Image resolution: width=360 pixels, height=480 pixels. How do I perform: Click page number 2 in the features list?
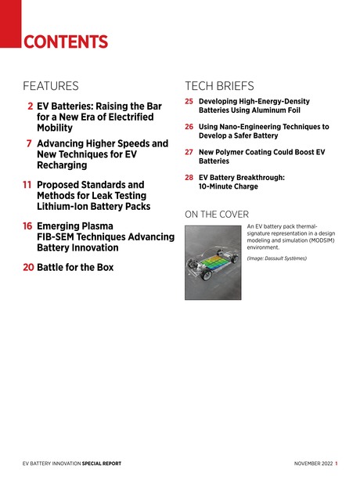click(x=30, y=104)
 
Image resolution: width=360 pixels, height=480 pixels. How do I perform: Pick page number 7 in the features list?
click(x=29, y=144)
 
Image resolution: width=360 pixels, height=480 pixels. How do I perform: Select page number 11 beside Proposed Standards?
click(x=27, y=186)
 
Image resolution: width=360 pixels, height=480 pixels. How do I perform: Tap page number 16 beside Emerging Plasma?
click(x=27, y=226)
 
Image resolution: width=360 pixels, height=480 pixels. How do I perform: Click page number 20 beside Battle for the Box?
click(x=27, y=267)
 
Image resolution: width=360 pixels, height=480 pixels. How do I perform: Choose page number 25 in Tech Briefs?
click(x=189, y=102)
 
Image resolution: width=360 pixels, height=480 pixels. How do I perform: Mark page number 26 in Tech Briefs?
click(x=189, y=126)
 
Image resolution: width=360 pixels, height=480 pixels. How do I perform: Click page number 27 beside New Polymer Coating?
click(x=189, y=151)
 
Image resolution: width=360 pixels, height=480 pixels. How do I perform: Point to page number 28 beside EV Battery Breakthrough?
click(x=189, y=178)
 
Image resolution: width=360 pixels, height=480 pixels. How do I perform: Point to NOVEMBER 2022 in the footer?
click(x=312, y=464)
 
